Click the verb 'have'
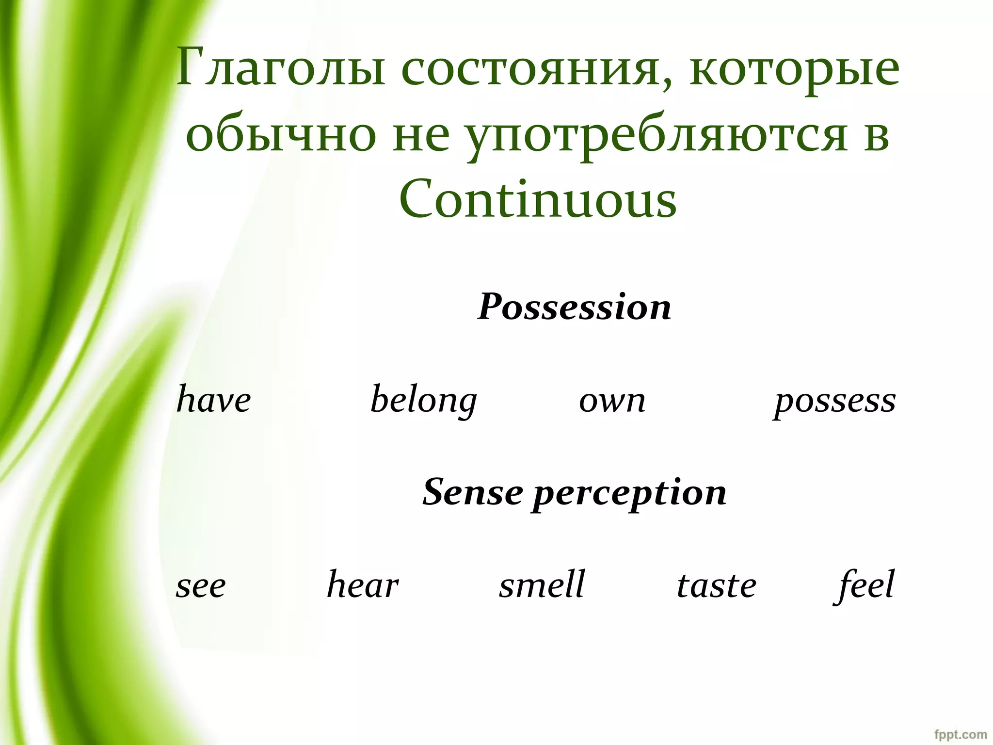(213, 401)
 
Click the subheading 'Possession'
(574, 308)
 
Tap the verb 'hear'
(363, 584)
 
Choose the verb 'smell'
(542, 584)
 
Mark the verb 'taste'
(716, 585)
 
